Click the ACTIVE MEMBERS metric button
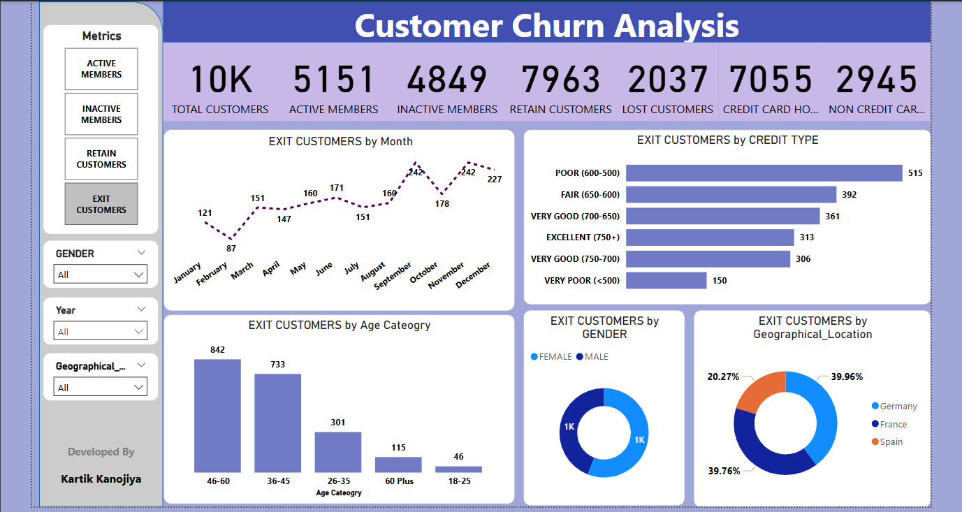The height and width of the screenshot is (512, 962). tap(101, 69)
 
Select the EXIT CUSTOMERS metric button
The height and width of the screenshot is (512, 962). tap(101, 204)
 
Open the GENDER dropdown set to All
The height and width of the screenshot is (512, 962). tap(101, 275)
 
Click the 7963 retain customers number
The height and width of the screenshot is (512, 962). tap(561, 80)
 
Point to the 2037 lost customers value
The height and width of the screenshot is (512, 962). tap(668, 80)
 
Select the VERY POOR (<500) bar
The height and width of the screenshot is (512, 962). tap(666, 281)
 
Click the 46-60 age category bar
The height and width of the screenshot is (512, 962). tap(217, 416)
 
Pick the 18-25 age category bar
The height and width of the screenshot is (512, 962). tap(458, 469)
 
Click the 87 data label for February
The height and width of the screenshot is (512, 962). tap(231, 248)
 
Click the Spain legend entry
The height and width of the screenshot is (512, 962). tap(891, 442)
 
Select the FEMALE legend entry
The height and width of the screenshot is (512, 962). tap(555, 357)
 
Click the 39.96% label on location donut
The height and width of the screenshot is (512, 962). tap(847, 376)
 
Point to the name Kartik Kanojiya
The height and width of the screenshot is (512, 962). tap(101, 479)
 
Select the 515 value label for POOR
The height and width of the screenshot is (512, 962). tap(915, 173)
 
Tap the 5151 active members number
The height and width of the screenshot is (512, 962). tap(333, 80)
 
